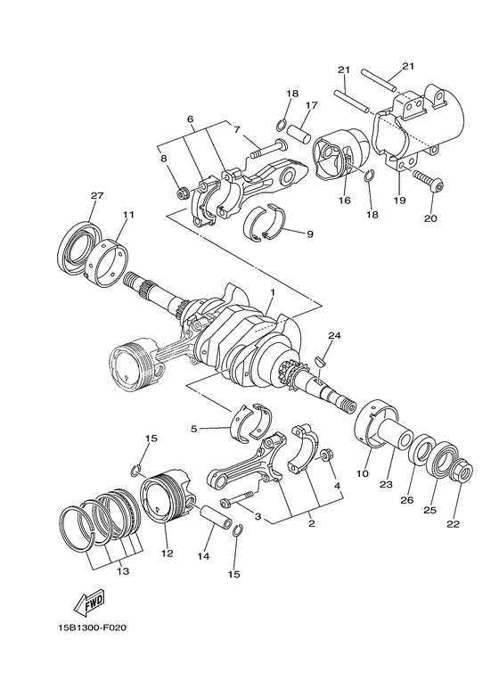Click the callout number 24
click(334, 336)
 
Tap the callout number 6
click(190, 119)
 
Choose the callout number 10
click(363, 474)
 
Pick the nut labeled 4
click(327, 455)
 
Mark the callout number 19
click(399, 201)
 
